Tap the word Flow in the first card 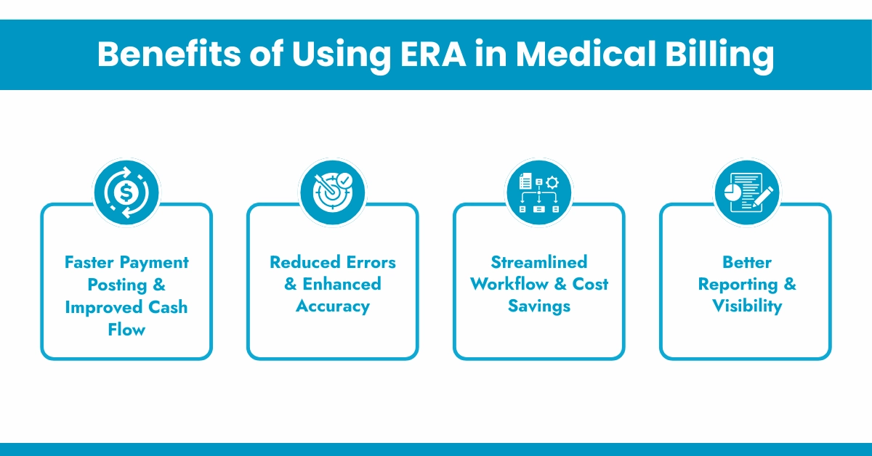point(126,330)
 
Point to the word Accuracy point(333,306)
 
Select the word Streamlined point(538,262)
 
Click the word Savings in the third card point(538,306)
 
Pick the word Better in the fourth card point(746,262)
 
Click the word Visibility point(746,306)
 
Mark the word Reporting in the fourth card point(738,284)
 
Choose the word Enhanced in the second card point(342,284)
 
